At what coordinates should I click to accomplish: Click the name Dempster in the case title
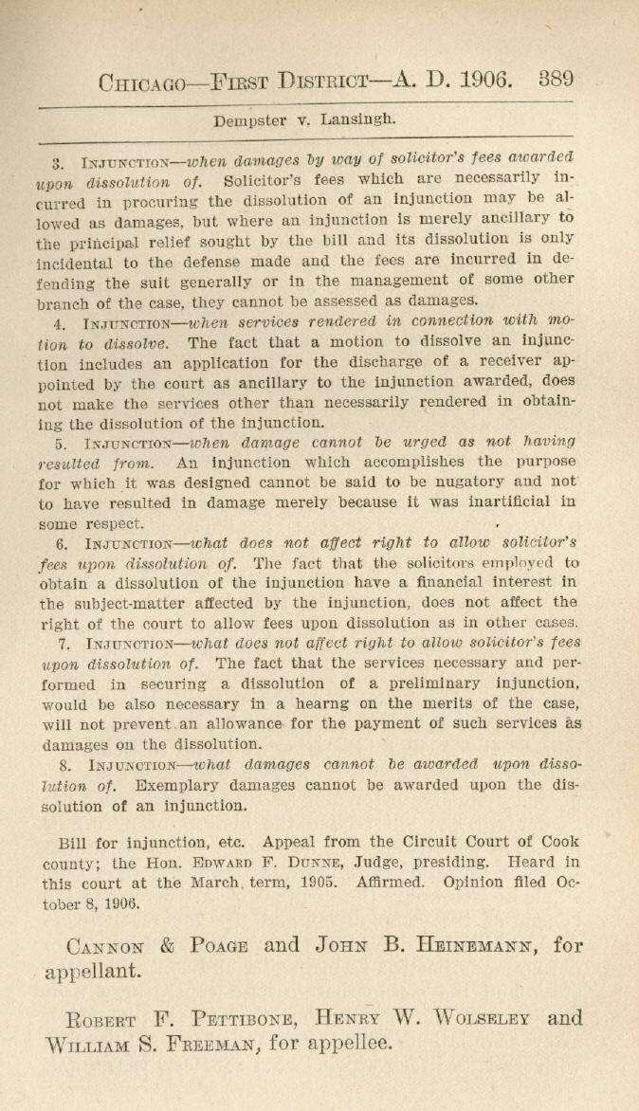(x=247, y=120)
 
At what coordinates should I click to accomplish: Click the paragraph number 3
(x=58, y=162)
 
